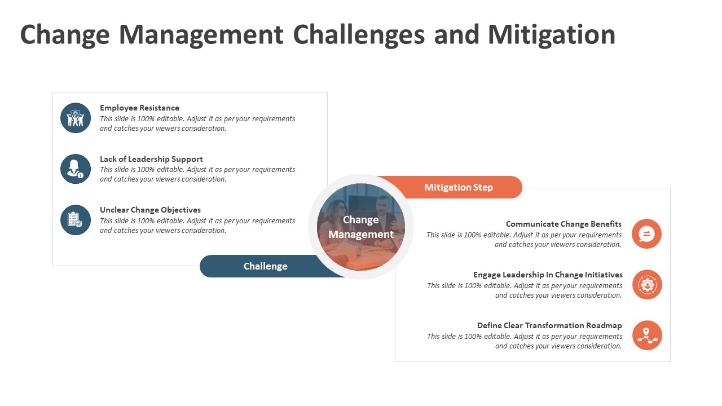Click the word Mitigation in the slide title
pyautogui.click(x=551, y=35)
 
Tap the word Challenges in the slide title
pyautogui.click(x=359, y=35)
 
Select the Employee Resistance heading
pyautogui.click(x=139, y=108)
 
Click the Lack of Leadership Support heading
pyautogui.click(x=151, y=159)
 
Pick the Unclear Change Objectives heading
pyautogui.click(x=150, y=210)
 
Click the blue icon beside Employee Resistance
pyautogui.click(x=76, y=118)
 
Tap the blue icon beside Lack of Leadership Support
pyautogui.click(x=76, y=169)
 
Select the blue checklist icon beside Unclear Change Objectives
pyautogui.click(x=76, y=220)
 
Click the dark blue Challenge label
pyautogui.click(x=265, y=266)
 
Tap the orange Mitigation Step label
pyautogui.click(x=458, y=187)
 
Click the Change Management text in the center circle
pyautogui.click(x=361, y=227)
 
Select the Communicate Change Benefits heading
pyautogui.click(x=563, y=224)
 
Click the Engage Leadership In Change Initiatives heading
pyautogui.click(x=548, y=275)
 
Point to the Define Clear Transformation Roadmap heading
pyautogui.click(x=549, y=325)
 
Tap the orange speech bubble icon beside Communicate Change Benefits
pyautogui.click(x=646, y=234)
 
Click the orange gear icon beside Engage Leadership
pyautogui.click(x=647, y=285)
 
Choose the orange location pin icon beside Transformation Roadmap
pyautogui.click(x=647, y=336)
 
